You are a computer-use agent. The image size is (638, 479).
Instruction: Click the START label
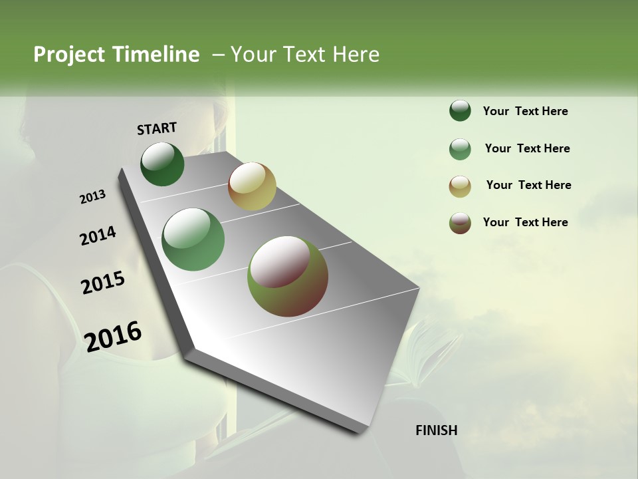[x=157, y=128]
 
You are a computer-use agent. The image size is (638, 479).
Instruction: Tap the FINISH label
[x=436, y=430]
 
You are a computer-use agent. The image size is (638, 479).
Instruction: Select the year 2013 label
[x=92, y=196]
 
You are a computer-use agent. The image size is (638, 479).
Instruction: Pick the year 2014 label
[x=98, y=236]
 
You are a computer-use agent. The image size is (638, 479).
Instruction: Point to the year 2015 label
[x=103, y=283]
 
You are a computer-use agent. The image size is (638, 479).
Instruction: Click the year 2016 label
[x=113, y=336]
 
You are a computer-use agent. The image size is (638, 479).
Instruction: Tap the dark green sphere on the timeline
[x=162, y=164]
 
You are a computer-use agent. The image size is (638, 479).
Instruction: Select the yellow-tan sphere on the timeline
[x=252, y=186]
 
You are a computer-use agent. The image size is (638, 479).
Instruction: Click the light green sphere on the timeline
[x=193, y=239]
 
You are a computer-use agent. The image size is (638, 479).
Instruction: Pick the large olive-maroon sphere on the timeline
[x=288, y=276]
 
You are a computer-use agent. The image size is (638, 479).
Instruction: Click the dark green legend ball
[x=460, y=110]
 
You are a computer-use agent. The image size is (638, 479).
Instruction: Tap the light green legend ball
[x=460, y=149]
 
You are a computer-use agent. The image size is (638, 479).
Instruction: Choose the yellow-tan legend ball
[x=460, y=186]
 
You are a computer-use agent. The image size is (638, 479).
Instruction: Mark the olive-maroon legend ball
[x=460, y=223]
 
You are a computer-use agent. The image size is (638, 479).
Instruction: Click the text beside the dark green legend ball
[x=525, y=111]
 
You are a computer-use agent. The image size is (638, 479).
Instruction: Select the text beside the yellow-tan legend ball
[x=528, y=185]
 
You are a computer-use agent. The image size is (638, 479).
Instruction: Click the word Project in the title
[x=70, y=55]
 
